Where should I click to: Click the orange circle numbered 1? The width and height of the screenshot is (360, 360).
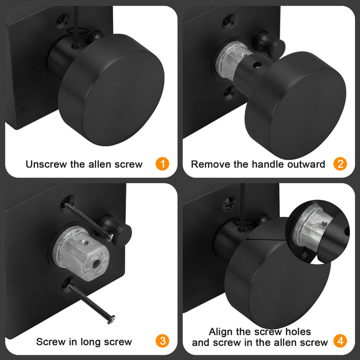163,164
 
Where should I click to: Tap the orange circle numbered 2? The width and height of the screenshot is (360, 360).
340,164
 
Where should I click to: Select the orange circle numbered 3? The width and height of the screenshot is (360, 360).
163,341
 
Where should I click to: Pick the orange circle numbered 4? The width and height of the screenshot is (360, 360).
340,341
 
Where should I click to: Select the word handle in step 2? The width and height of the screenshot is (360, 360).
267,165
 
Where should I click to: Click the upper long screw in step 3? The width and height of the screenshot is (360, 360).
89,222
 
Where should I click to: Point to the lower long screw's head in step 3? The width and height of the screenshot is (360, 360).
112,319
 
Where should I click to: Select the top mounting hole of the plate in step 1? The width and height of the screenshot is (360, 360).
62,20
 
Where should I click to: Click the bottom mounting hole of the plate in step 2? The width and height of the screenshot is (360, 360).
229,92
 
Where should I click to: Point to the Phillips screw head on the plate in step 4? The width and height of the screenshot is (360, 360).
229,203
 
